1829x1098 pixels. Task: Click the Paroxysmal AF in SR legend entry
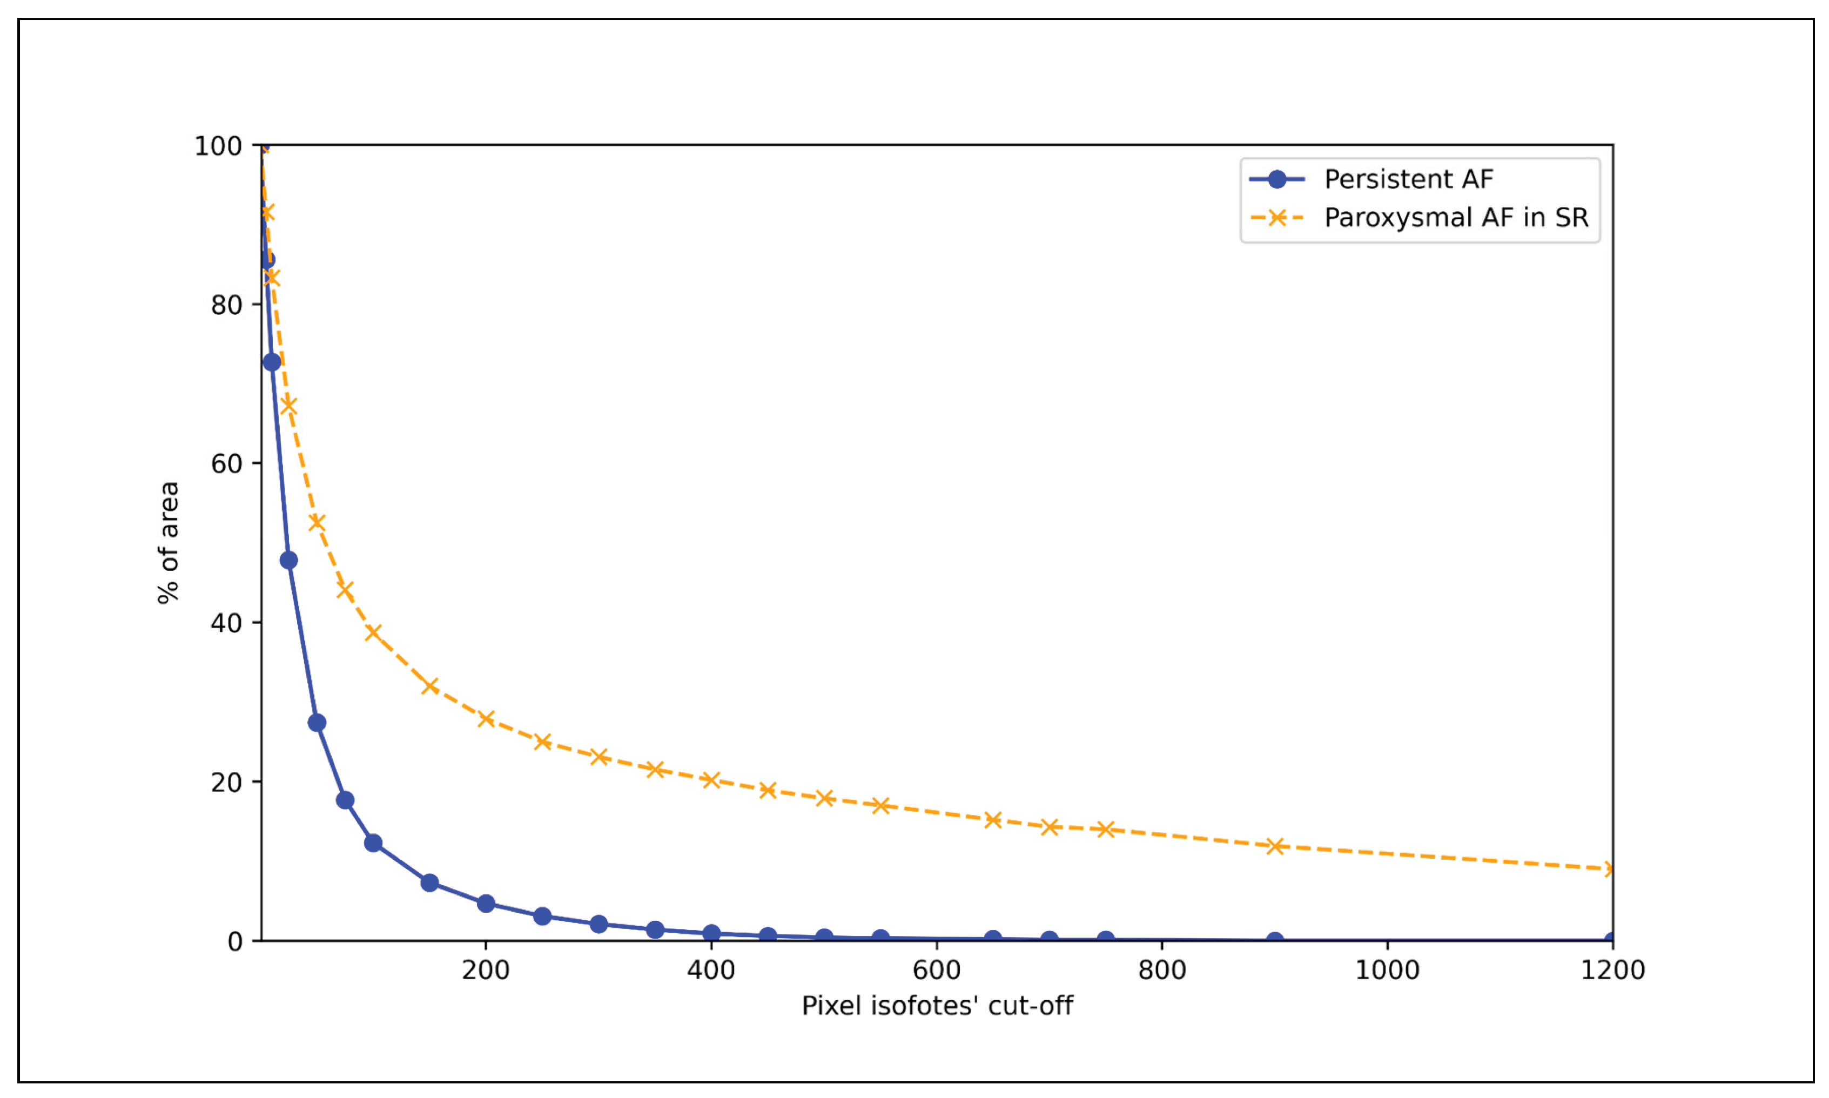1455,218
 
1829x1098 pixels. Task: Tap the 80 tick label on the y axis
226,305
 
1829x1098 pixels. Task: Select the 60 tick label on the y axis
226,464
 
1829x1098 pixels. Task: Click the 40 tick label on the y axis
226,623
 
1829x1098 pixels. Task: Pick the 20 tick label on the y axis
226,782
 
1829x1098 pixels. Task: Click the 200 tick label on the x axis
486,970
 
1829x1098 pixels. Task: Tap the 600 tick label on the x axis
936,970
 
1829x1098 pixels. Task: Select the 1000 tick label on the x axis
1387,970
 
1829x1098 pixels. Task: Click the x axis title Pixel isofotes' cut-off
937,1006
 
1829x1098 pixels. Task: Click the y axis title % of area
169,542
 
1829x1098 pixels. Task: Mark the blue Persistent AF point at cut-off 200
486,904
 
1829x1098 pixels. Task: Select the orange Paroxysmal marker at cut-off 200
486,718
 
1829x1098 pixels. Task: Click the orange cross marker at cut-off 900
1275,846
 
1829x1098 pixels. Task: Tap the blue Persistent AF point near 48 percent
288,560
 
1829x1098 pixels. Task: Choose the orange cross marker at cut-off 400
711,780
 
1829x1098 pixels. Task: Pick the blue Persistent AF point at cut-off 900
1275,940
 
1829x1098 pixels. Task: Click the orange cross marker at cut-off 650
993,820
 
